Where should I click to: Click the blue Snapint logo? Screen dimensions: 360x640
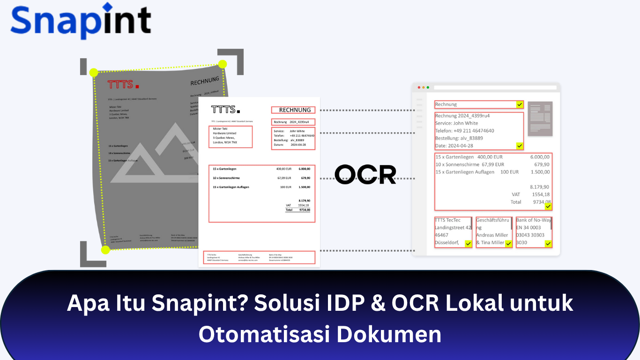tap(81, 21)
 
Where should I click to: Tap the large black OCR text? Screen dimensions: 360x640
tap(365, 174)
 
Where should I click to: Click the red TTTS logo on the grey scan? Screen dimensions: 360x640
tap(123, 85)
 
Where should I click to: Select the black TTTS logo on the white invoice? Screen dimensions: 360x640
tap(225, 110)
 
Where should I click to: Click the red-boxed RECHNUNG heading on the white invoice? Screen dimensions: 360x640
tap(293, 110)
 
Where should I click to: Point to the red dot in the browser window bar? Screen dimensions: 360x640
tap(419, 87)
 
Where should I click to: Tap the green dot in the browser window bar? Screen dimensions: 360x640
tap(427, 87)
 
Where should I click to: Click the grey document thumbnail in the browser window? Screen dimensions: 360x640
tap(540, 119)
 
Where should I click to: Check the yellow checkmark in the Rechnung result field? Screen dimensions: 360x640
tap(519, 105)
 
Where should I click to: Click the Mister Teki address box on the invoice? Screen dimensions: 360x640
tap(231, 137)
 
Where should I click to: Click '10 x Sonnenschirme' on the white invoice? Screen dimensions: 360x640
tap(226, 178)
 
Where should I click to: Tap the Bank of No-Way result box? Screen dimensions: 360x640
tap(534, 232)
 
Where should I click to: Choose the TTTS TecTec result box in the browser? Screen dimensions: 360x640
tap(453, 232)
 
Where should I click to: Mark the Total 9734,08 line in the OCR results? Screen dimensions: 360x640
tap(530, 202)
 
